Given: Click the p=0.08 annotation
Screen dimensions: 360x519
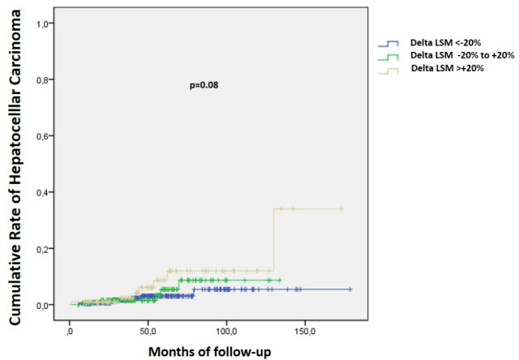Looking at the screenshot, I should (204, 85).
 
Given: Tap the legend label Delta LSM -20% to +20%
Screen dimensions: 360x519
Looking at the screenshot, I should (462, 55).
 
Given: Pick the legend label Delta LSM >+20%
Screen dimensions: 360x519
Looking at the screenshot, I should (447, 67).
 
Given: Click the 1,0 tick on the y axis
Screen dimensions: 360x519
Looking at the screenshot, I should (44, 24).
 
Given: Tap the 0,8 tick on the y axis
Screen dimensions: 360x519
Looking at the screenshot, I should (44, 80).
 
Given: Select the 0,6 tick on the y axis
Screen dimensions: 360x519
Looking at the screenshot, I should (44, 136).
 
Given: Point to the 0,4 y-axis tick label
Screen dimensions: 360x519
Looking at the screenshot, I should (44, 192).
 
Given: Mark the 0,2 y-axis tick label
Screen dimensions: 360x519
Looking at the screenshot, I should (44, 249).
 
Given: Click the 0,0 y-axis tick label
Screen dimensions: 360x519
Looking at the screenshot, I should (44, 305).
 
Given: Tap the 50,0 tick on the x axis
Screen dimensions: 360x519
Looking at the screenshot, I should (148, 331).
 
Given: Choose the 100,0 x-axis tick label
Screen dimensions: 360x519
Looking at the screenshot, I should (226, 331).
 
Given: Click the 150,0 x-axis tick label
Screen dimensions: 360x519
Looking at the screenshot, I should (305, 331).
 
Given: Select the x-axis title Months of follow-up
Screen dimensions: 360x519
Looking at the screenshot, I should (210, 351).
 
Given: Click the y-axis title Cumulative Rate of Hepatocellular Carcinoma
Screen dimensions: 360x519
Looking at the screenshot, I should (16, 173).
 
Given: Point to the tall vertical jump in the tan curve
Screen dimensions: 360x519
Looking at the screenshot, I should (274, 239).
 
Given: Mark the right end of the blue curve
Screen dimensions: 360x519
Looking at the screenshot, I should (350, 289).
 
